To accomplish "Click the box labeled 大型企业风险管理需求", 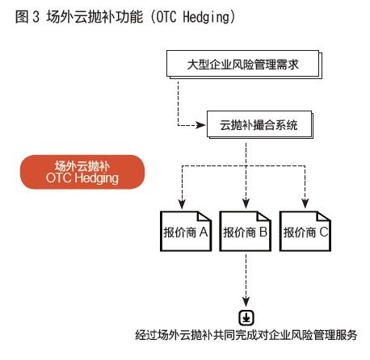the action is [x=244, y=65].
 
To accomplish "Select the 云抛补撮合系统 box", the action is [x=260, y=125].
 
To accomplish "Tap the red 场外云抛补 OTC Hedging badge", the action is [x=82, y=172].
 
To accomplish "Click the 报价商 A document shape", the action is [x=186, y=232].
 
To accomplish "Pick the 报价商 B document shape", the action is [x=246, y=232].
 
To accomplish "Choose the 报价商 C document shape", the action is [x=305, y=232].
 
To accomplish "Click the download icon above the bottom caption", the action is [x=246, y=318].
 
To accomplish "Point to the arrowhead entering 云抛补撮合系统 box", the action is [x=200, y=125].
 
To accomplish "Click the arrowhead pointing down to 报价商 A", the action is [x=183, y=203].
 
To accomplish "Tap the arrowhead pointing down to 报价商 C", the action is [x=305, y=203].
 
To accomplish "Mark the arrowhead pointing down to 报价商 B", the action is [x=246, y=203].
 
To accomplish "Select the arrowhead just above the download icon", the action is [x=246, y=302].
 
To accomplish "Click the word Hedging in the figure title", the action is [x=206, y=17].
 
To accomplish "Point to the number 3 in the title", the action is [x=36, y=17].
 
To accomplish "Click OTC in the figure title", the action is [x=166, y=17].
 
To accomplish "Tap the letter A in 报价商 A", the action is [x=204, y=232].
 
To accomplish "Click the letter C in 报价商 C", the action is [x=324, y=232].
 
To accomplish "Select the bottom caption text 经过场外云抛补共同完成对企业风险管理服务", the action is [x=246, y=335].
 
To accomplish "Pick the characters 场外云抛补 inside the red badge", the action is [x=82, y=166].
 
